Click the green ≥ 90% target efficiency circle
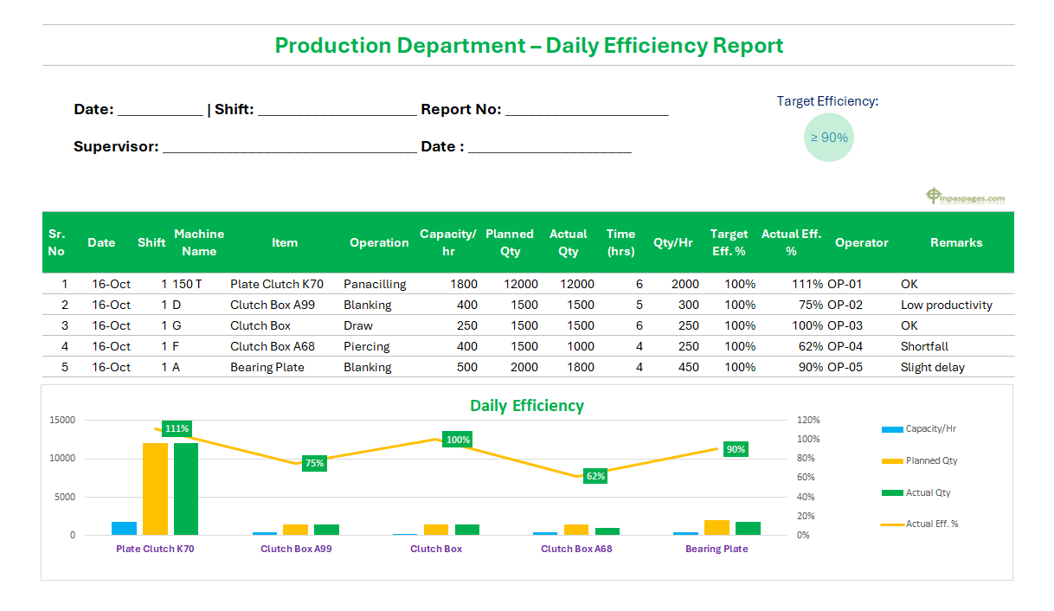829,137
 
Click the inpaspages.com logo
966,197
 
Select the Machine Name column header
199,242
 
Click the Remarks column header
956,242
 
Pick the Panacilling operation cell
375,284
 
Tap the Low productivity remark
946,305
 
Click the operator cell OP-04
845,346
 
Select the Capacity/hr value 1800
464,284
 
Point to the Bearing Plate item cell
267,367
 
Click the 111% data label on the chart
177,428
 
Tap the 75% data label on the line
314,463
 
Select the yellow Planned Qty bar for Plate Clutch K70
155,489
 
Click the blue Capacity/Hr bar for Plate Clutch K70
124,528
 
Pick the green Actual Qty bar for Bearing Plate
748,528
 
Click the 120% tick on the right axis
808,420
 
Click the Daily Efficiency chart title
526,405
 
